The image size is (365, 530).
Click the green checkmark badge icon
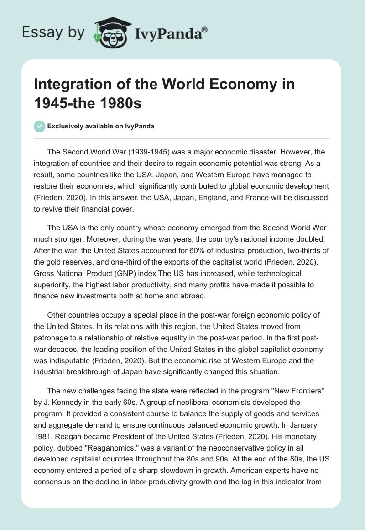[40, 126]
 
